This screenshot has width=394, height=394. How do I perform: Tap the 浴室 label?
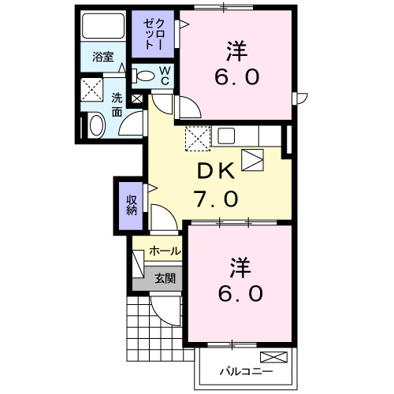[x=103, y=57]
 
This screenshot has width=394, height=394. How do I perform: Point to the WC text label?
[x=166, y=76]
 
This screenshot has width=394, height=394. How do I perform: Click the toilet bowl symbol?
[x=145, y=76]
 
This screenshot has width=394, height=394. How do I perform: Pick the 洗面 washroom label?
[x=117, y=104]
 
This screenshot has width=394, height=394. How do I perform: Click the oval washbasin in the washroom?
[x=95, y=125]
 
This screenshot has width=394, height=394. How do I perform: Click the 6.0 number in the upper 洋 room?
[x=236, y=78]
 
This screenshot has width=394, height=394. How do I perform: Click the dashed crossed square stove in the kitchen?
[x=198, y=139]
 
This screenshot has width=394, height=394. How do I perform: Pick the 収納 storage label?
[x=131, y=204]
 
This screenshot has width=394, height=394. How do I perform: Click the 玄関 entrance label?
[x=165, y=277]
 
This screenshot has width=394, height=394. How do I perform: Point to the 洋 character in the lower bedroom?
[x=240, y=266]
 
